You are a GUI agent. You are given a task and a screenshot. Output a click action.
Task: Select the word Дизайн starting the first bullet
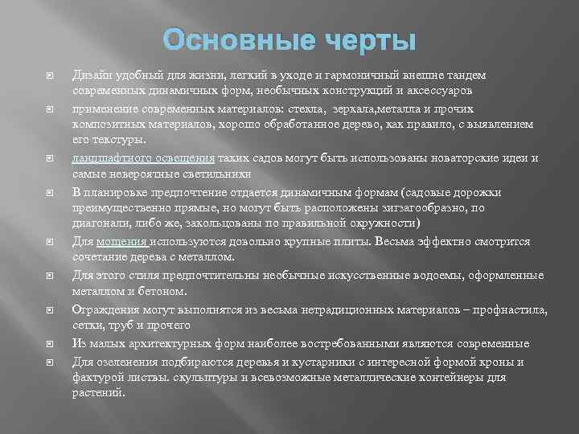click(x=92, y=75)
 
